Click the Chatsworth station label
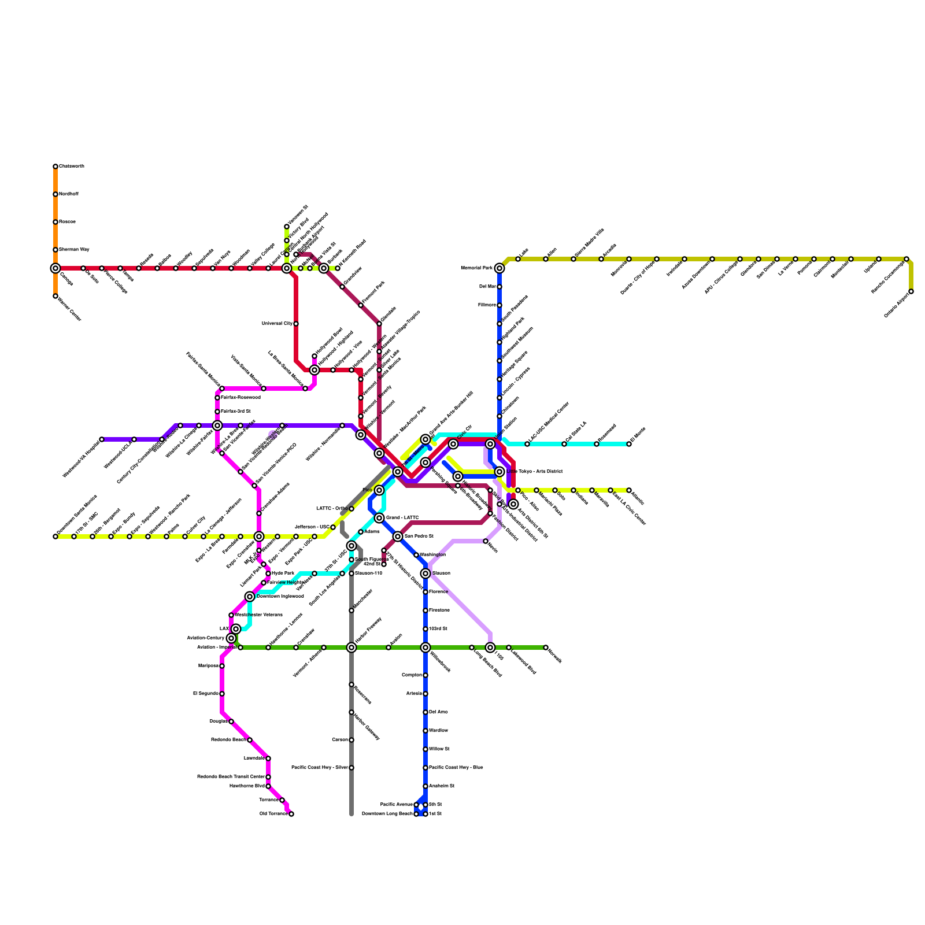(72, 166)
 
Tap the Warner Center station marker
(55, 296)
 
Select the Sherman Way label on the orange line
(74, 250)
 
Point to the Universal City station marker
(296, 324)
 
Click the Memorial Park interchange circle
(499, 268)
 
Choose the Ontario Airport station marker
(911, 291)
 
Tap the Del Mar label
(487, 287)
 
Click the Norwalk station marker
(546, 647)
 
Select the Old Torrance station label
(273, 814)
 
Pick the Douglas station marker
(231, 721)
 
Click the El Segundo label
(205, 694)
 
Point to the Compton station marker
(425, 675)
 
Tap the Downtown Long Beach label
(387, 814)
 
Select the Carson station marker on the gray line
(351, 740)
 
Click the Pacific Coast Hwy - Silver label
(319, 768)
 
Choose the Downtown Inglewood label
(280, 597)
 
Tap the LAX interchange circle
(236, 629)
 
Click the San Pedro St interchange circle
(398, 536)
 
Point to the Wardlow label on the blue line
(439, 731)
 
